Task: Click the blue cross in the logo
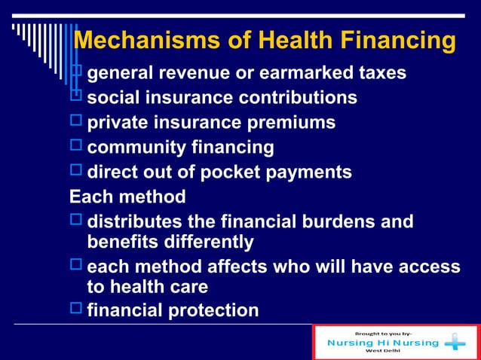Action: coord(455,343)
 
